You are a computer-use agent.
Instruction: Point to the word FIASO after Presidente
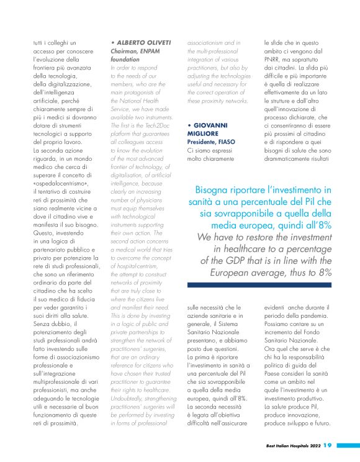coord(233,142)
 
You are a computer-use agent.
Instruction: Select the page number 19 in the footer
coord(328,445)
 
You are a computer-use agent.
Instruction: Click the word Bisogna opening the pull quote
coord(212,190)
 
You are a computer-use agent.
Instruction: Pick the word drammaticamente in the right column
coord(289,158)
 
